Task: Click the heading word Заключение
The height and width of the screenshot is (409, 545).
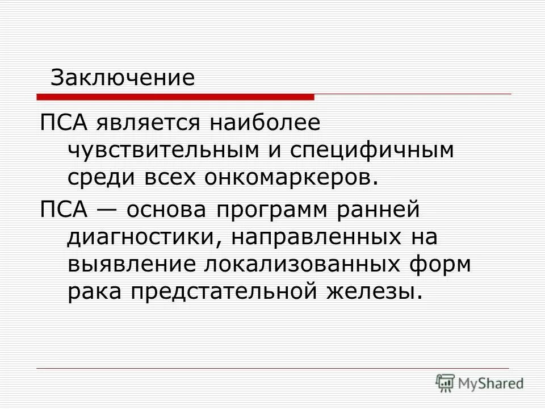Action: (122, 78)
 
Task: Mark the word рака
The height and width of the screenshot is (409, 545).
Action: (94, 293)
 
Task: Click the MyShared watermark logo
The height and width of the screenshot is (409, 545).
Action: (480, 383)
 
